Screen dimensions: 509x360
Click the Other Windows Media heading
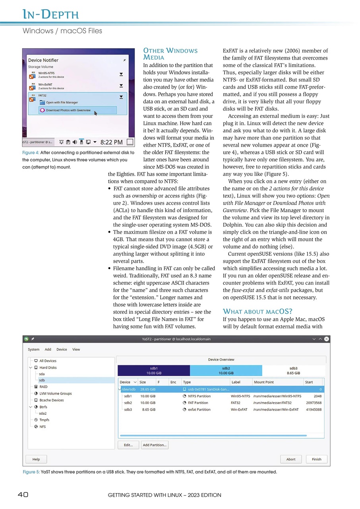click(x=170, y=54)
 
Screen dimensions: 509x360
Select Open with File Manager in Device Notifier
click(x=62, y=103)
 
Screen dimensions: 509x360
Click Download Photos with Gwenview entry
click(x=68, y=110)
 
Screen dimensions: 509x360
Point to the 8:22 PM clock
click(x=111, y=142)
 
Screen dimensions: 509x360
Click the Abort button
click(x=290, y=459)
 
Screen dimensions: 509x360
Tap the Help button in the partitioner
click(x=36, y=459)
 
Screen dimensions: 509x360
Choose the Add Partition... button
click(x=155, y=445)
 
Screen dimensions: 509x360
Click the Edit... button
click(x=128, y=445)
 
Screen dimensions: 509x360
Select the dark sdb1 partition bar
click(x=153, y=371)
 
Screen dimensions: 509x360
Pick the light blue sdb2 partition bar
click(x=226, y=371)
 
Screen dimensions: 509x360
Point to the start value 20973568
click(x=314, y=402)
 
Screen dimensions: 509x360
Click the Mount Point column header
click(x=263, y=382)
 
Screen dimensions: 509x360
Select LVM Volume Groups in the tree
click(x=55, y=393)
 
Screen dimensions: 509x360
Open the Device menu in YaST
click(x=62, y=350)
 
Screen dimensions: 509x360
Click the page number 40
click(x=23, y=495)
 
